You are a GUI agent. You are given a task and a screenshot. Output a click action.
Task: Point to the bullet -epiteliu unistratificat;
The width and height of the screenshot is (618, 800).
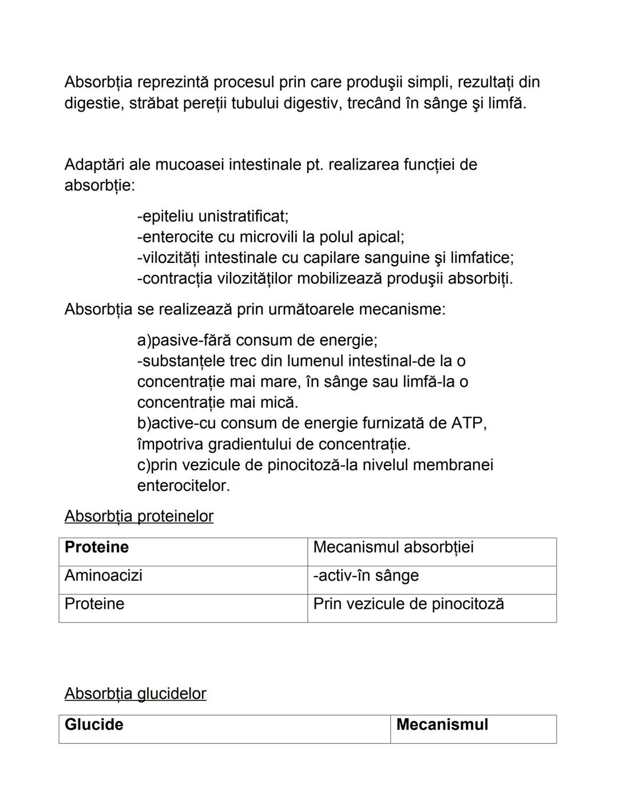pyautogui.click(x=213, y=216)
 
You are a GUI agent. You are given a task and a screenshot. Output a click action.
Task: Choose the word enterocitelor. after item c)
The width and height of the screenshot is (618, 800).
pyautogui.click(x=183, y=486)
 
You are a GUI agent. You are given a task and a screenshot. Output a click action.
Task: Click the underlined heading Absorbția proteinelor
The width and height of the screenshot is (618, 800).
pyautogui.click(x=138, y=517)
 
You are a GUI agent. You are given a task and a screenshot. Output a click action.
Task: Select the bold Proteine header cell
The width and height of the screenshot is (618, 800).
pyautogui.click(x=97, y=547)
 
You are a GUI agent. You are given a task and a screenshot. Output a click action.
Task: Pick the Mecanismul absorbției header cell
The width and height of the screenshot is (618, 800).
pyautogui.click(x=393, y=547)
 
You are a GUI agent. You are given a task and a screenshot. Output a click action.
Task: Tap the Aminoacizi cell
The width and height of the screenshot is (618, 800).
pyautogui.click(x=104, y=576)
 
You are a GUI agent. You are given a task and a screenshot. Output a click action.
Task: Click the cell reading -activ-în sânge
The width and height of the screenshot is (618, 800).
pyautogui.click(x=366, y=576)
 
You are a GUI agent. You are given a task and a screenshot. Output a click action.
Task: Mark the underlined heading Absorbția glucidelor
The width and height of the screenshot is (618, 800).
pyautogui.click(x=135, y=694)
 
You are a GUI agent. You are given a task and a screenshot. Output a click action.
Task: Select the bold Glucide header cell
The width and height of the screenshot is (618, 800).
pyautogui.click(x=94, y=725)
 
